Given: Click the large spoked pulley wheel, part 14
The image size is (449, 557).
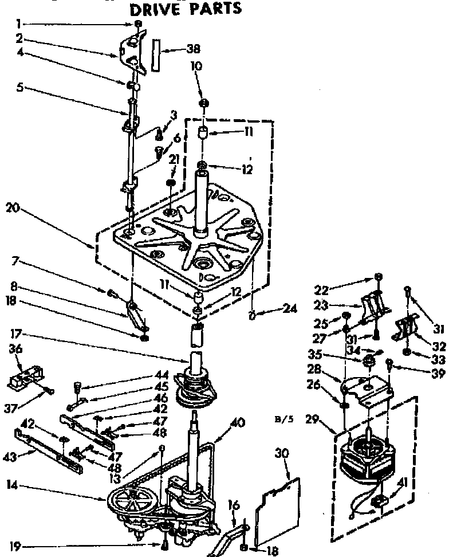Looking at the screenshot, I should pos(129,502).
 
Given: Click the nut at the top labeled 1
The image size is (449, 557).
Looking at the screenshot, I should pos(139,24).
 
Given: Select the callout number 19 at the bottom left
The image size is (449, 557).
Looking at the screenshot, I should pos(16,546).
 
